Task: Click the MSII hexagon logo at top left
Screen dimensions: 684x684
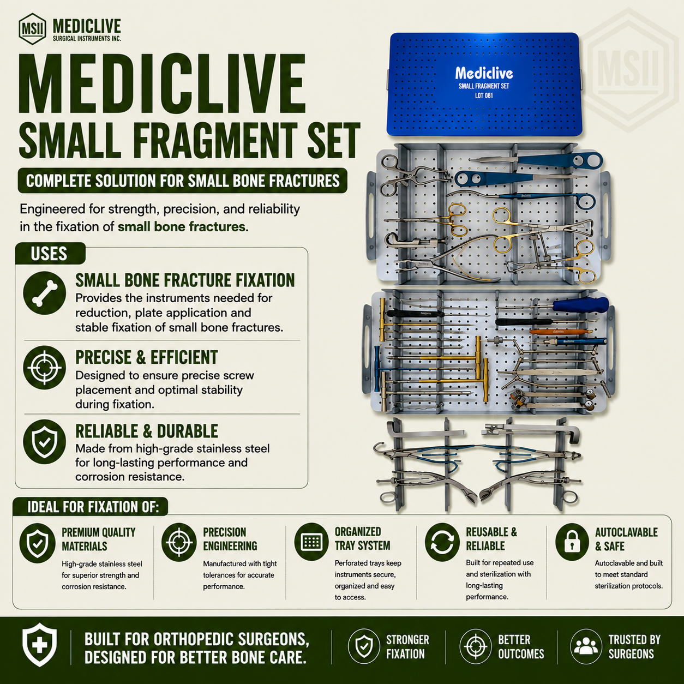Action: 32,29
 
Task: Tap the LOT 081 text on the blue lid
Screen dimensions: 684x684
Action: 484,95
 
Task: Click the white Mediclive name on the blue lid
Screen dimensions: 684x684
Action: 484,74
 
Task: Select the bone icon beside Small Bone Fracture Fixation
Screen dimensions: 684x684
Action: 44,293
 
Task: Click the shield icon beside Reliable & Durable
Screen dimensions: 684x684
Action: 44,442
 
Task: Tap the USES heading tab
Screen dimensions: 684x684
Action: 49,254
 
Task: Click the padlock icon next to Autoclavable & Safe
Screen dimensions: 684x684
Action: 572,543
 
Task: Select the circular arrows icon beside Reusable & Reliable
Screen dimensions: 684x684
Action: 442,543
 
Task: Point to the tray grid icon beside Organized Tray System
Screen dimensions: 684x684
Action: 311,542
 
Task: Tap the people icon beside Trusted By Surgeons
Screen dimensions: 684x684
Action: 586,646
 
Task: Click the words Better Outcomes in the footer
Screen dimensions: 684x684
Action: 521,647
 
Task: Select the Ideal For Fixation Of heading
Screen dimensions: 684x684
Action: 93,507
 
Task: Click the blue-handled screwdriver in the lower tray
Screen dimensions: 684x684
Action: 553,304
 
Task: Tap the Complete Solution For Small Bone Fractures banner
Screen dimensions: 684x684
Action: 182,181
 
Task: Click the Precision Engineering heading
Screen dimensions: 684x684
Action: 230,539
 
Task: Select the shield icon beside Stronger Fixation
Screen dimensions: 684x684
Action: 364,646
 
